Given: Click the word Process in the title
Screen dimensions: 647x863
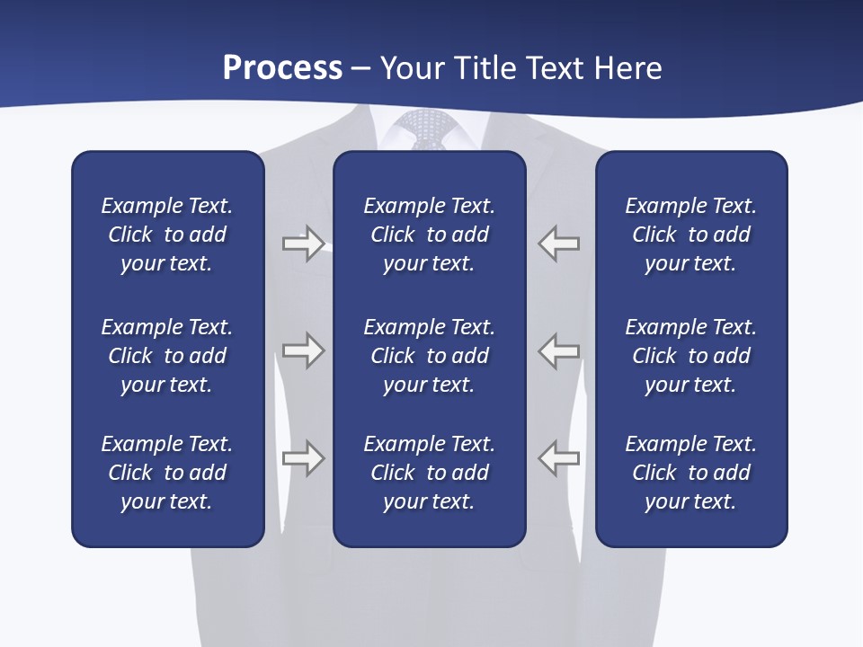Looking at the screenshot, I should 282,68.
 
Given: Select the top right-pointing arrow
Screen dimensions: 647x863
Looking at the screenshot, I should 303,244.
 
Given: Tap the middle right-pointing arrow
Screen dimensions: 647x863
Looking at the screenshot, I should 303,350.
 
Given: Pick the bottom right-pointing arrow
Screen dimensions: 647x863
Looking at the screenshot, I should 303,458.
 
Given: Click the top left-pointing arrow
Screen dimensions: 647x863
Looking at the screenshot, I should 558,244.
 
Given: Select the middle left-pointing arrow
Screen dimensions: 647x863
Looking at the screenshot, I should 558,350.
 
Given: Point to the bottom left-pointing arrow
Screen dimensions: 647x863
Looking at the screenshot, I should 558,458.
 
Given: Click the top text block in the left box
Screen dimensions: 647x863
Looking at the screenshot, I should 167,235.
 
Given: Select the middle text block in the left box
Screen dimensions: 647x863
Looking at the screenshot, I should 167,356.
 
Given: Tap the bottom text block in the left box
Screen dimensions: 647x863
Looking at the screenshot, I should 167,473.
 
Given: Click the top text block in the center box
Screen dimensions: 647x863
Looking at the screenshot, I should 429,235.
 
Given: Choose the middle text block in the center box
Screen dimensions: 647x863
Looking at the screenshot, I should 429,356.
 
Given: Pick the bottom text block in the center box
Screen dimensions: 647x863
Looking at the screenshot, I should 429,473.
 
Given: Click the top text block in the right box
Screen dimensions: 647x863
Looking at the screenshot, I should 690,235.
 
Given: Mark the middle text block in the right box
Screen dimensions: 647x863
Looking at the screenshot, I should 690,356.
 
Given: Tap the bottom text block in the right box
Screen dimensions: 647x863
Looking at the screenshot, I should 690,473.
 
